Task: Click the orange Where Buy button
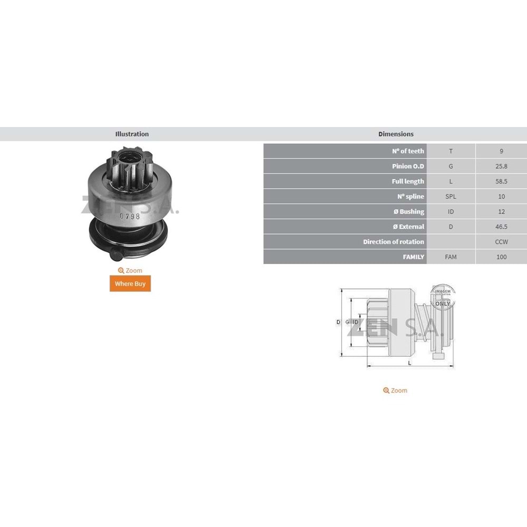[130, 284]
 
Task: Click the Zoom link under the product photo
[130, 270]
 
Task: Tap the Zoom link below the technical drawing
[395, 391]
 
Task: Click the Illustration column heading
[132, 134]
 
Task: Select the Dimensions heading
[396, 134]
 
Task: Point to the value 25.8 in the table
[501, 167]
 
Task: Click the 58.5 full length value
[501, 181]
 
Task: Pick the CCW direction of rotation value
[501, 242]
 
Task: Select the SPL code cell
[451, 197]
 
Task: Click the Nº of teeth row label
[408, 151]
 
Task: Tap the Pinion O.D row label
[407, 167]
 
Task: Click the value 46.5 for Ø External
[501, 227]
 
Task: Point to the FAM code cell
[451, 257]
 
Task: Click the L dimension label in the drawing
[409, 363]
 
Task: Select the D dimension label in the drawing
[338, 322]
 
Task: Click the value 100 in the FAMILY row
[501, 257]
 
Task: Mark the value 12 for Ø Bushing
[501, 212]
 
